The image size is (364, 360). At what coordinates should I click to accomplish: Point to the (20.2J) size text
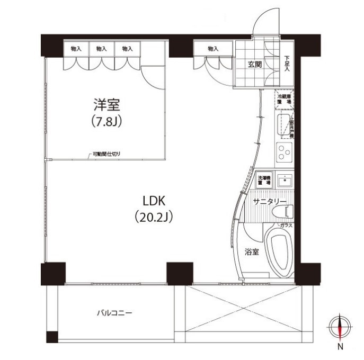[154, 217]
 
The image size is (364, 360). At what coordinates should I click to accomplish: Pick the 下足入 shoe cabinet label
[287, 64]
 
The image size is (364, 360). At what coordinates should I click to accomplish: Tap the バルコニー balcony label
[114, 313]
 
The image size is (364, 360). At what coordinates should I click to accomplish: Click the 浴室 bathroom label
[252, 252]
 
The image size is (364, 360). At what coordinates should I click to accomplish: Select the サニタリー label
[269, 202]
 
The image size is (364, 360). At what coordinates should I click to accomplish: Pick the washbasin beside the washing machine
[285, 180]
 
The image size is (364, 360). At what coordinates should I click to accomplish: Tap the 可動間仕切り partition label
[106, 155]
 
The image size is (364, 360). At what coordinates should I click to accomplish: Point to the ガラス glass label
[287, 226]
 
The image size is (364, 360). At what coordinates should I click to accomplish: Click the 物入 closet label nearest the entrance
[213, 49]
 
